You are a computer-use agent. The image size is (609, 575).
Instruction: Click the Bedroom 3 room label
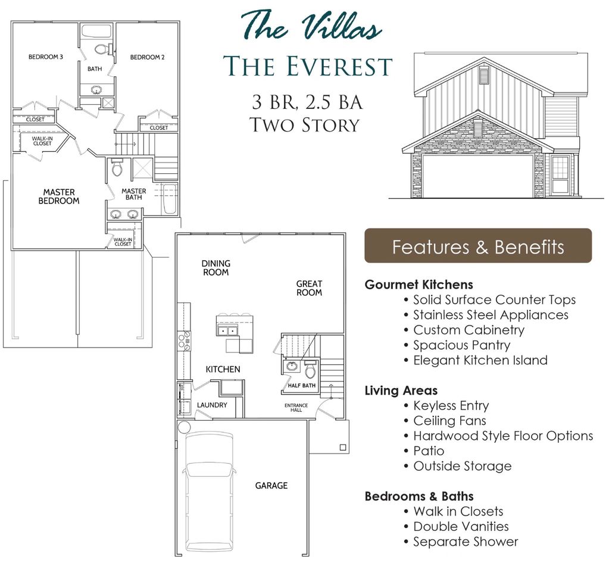pyautogui.click(x=46, y=57)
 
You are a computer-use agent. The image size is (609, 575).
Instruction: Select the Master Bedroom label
pyautogui.click(x=59, y=196)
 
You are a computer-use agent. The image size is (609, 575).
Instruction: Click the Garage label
pyautogui.click(x=271, y=486)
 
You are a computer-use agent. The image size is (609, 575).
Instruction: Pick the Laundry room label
pyautogui.click(x=212, y=405)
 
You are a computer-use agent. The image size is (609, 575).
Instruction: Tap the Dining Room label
pyautogui.click(x=216, y=268)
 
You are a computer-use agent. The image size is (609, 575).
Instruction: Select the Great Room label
pyautogui.click(x=309, y=288)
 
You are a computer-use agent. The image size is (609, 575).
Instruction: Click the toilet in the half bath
pyautogui.click(x=310, y=370)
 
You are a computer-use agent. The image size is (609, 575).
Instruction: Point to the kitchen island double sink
pyautogui.click(x=228, y=330)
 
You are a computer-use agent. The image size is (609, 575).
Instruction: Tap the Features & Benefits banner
pyautogui.click(x=478, y=246)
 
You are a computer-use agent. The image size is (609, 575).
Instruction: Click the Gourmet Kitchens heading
pyautogui.click(x=419, y=285)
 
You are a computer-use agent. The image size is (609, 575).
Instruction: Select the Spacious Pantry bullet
pyautogui.click(x=461, y=345)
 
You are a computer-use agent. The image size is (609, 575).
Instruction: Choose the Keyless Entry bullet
pyautogui.click(x=451, y=406)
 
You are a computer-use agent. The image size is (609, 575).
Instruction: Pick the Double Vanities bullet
pyautogui.click(x=461, y=527)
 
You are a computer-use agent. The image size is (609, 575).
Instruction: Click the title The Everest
pyautogui.click(x=307, y=67)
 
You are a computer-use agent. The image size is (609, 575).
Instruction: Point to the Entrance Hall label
pyautogui.click(x=296, y=408)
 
